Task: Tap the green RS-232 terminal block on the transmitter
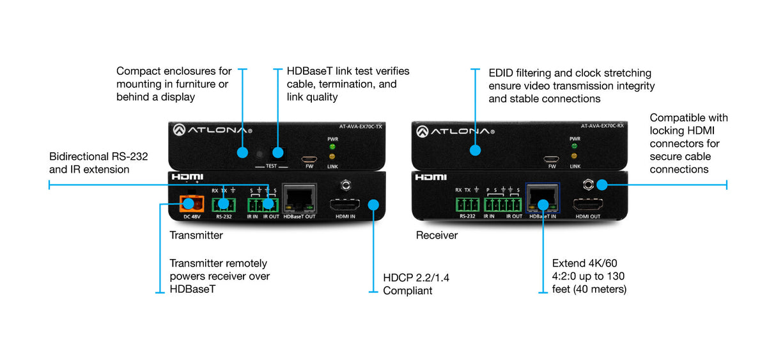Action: pyautogui.click(x=223, y=205)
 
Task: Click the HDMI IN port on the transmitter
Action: pyautogui.click(x=345, y=205)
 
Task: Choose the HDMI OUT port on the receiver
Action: pyautogui.click(x=587, y=205)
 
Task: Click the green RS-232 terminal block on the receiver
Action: pyautogui.click(x=467, y=205)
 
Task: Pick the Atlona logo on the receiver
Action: pyautogui.click(x=454, y=131)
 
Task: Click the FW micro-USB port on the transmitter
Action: pyautogui.click(x=309, y=159)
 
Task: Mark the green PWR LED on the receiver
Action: pyautogui.click(x=574, y=146)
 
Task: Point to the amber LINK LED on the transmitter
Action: pyautogui.click(x=332, y=157)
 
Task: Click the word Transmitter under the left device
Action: pyautogui.click(x=196, y=235)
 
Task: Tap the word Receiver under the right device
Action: pyautogui.click(x=437, y=235)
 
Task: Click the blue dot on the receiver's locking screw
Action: pyautogui.click(x=601, y=185)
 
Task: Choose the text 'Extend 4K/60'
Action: pyautogui.click(x=584, y=263)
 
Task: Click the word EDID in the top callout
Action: pyautogui.click(x=501, y=73)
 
